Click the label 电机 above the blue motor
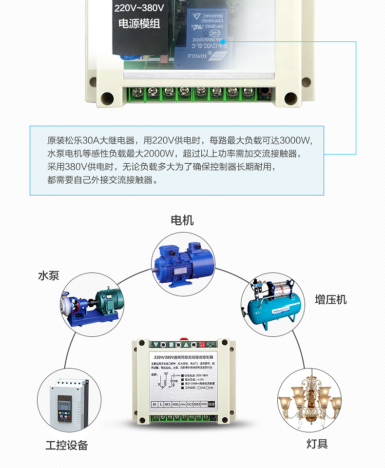pos(182,220)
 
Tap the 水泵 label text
pos(49,275)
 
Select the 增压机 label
pos(331,299)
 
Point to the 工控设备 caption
pos(67,445)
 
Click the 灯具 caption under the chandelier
pos(317,444)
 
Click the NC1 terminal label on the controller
pos(167,404)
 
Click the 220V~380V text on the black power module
pos(139,8)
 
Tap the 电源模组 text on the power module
pos(139,23)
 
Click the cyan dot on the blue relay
pos(222,42)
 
